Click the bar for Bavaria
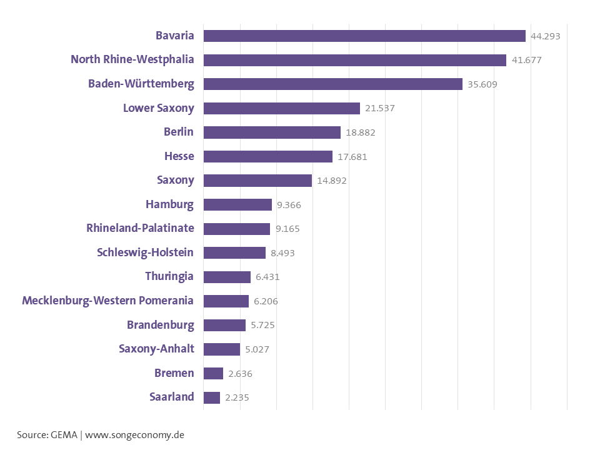[x=364, y=36]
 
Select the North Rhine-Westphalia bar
[x=354, y=60]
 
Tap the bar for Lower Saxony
[x=281, y=108]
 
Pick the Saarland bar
[x=211, y=397]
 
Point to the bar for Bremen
[x=213, y=373]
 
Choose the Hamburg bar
[x=237, y=204]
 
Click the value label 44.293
[x=545, y=36]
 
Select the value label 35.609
[x=482, y=84]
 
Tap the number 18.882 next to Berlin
[x=360, y=132]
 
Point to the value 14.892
[x=331, y=181]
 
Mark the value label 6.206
[x=266, y=301]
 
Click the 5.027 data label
[x=257, y=349]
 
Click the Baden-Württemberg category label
[x=141, y=84]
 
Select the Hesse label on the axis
[x=179, y=156]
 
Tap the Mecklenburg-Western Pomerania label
[x=107, y=301]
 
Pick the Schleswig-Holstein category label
[x=145, y=252]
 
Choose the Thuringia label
[x=169, y=276]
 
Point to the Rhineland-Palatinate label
[x=140, y=228]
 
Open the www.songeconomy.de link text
[x=134, y=434]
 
